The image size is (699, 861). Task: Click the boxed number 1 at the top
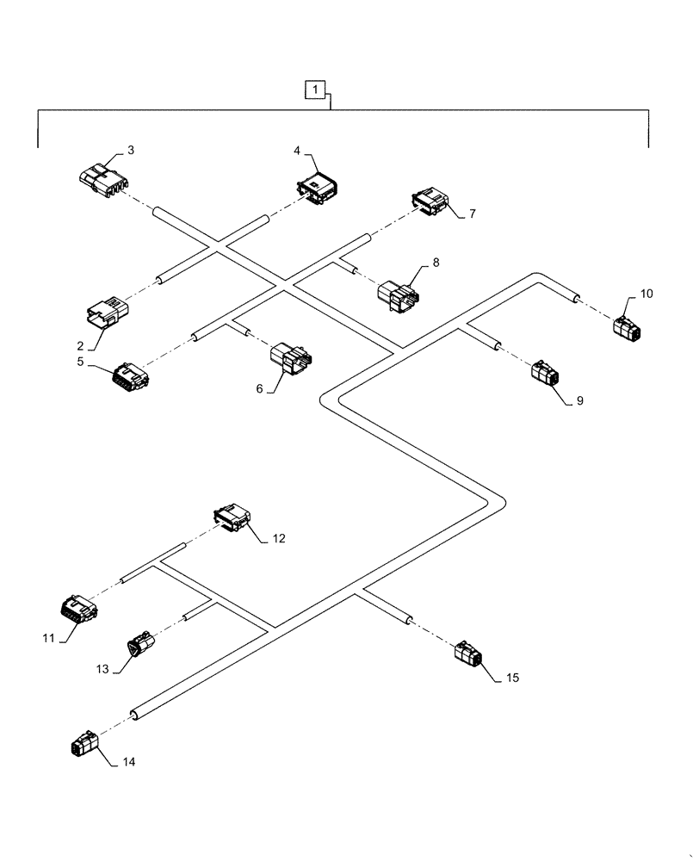(317, 89)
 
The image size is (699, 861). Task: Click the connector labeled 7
(430, 204)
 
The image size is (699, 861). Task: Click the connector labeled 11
(78, 610)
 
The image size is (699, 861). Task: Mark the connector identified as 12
(233, 519)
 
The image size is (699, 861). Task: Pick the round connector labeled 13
(142, 646)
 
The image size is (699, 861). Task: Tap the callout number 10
(646, 294)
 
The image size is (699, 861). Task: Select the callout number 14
(129, 762)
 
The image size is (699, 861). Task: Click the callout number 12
(278, 539)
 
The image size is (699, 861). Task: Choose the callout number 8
(436, 262)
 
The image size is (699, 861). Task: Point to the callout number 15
(512, 678)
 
